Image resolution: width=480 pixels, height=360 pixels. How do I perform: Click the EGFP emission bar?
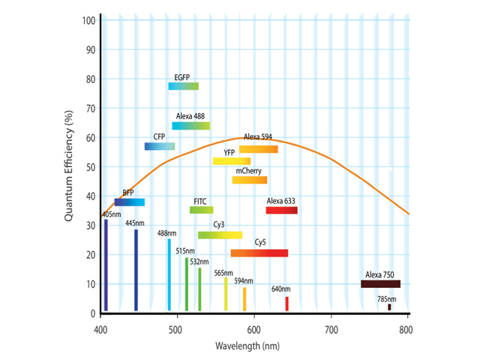click(x=183, y=86)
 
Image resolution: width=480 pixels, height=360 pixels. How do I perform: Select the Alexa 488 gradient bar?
click(x=190, y=126)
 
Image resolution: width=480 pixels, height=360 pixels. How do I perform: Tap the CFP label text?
click(x=159, y=136)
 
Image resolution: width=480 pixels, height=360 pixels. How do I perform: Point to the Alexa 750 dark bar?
click(x=380, y=284)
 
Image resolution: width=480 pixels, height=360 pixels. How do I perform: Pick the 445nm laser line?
click(x=136, y=270)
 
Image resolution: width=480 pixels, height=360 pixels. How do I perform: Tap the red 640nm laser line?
click(x=286, y=304)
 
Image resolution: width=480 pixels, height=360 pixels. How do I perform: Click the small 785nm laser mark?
click(x=389, y=307)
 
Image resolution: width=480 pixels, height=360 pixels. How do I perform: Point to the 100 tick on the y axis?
click(x=88, y=19)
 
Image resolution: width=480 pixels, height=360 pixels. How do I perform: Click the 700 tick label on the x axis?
click(x=330, y=328)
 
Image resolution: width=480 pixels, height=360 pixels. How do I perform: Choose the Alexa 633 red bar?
click(x=281, y=210)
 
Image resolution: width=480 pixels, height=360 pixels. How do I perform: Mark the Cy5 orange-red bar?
click(x=259, y=253)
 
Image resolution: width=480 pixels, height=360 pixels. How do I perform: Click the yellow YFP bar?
click(x=232, y=161)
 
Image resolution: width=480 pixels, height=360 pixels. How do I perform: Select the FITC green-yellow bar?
click(x=201, y=210)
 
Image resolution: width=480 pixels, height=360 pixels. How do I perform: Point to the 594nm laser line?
click(x=244, y=299)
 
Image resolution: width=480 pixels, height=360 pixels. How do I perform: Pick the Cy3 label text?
click(x=219, y=225)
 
